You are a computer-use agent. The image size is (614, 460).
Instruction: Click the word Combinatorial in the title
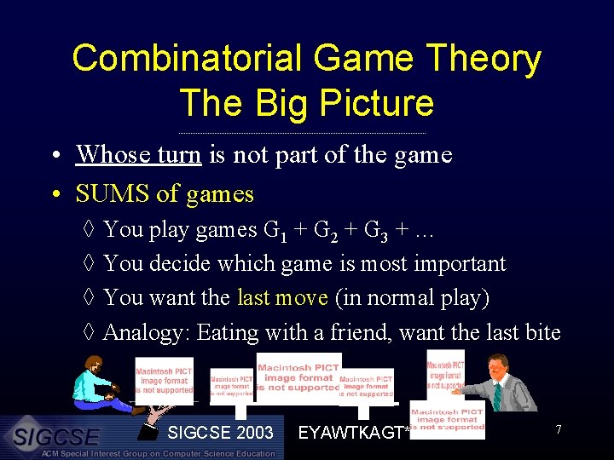pos(187,60)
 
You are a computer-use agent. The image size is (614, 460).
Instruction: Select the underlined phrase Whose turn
pos(138,154)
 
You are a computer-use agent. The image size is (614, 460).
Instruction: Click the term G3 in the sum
pos(376,231)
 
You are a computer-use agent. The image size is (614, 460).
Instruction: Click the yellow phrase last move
pos(282,298)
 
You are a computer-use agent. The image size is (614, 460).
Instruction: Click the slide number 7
pos(558,429)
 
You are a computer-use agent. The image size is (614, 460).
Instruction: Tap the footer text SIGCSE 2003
pos(220,433)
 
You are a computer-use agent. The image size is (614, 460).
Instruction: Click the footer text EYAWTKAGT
pos(350,434)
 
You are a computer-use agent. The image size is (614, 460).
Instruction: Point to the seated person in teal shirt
pos(99,387)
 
